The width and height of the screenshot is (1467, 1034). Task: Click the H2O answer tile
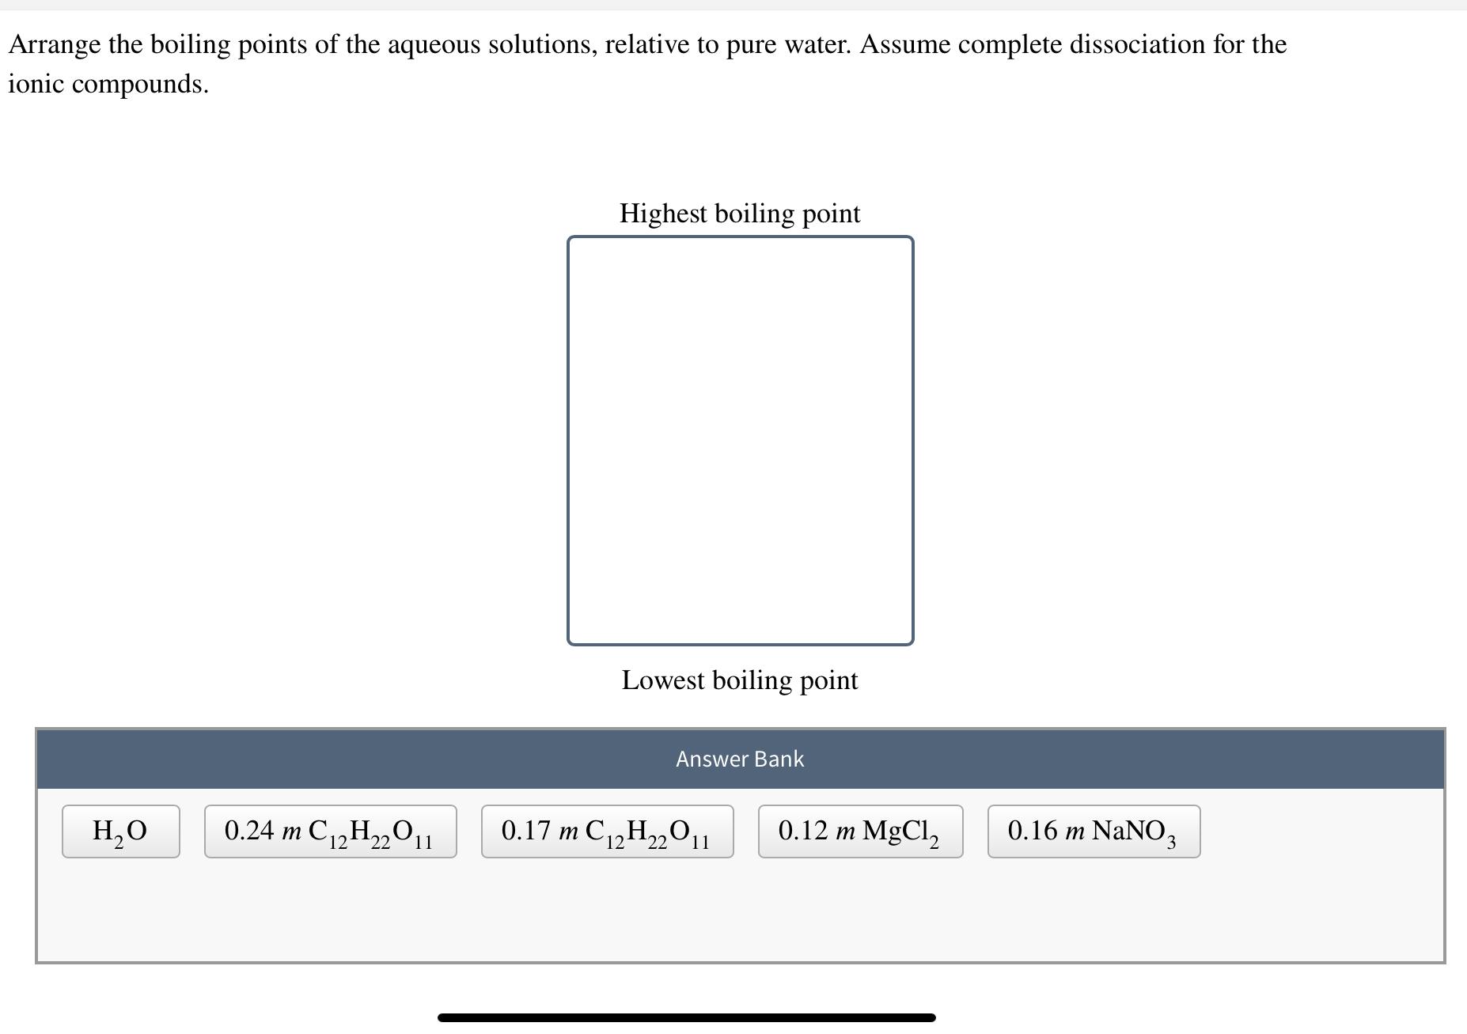point(120,831)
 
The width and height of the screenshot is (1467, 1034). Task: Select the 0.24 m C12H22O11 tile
point(330,831)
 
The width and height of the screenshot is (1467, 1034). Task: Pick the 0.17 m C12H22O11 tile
point(607,831)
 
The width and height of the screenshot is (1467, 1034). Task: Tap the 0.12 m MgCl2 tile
point(860,831)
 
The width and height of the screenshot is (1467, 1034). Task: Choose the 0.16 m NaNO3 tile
point(1094,831)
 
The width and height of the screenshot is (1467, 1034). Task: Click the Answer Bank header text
point(740,759)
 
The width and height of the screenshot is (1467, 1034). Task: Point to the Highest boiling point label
point(740,214)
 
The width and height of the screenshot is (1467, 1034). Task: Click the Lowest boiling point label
point(740,680)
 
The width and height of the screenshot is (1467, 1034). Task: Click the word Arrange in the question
point(55,45)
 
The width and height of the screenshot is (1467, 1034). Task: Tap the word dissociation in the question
point(1136,44)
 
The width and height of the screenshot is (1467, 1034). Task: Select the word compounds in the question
point(140,84)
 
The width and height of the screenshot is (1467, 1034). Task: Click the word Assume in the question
point(905,44)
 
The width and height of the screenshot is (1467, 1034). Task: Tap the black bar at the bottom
point(686,1017)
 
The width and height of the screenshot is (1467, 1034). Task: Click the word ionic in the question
point(36,84)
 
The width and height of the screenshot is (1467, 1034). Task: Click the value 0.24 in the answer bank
point(249,831)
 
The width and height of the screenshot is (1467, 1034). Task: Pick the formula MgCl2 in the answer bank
point(900,831)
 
